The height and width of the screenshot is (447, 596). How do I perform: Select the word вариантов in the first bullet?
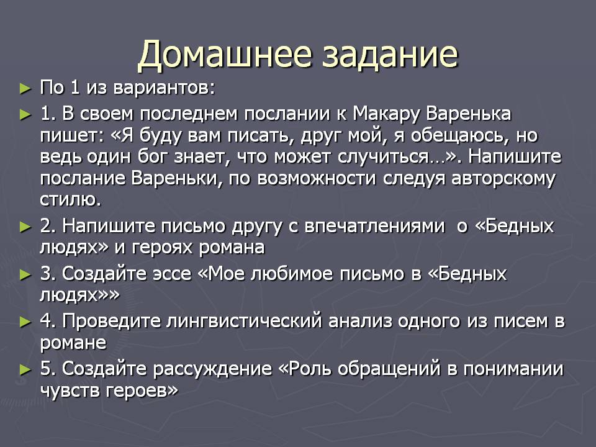164,88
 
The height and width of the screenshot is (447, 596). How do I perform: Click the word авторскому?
503,178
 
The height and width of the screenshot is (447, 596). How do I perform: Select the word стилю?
71,199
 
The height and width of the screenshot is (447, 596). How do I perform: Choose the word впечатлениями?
374,226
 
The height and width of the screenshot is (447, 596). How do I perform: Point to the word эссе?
172,274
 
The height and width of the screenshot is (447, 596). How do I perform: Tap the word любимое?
292,274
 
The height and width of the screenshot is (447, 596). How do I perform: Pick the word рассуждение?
212,369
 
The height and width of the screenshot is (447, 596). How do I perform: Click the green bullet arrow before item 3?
25,274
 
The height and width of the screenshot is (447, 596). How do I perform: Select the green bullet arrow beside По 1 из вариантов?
25,89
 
